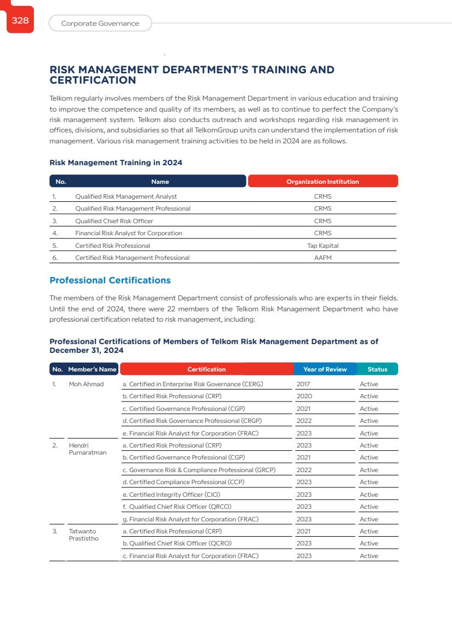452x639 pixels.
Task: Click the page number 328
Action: tap(20, 20)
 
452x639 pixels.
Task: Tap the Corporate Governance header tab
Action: tap(100, 24)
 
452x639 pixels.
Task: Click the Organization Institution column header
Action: tap(323, 182)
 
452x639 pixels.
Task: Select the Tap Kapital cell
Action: tap(323, 246)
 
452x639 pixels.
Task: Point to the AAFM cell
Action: tap(323, 258)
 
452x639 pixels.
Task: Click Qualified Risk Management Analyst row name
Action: tap(126, 196)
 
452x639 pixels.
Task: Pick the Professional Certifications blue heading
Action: tap(110, 281)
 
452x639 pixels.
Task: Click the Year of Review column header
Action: tap(325, 369)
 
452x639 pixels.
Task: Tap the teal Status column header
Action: tap(377, 369)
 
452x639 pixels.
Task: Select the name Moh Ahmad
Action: tap(86, 384)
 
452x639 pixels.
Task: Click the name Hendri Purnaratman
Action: tap(87, 449)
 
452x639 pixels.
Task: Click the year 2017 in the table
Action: tap(303, 384)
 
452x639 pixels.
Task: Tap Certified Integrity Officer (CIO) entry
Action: tap(171, 495)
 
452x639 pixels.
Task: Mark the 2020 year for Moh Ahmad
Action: tap(304, 396)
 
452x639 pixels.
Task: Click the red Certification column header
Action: tap(207, 369)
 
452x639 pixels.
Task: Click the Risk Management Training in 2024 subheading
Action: tap(116, 162)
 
